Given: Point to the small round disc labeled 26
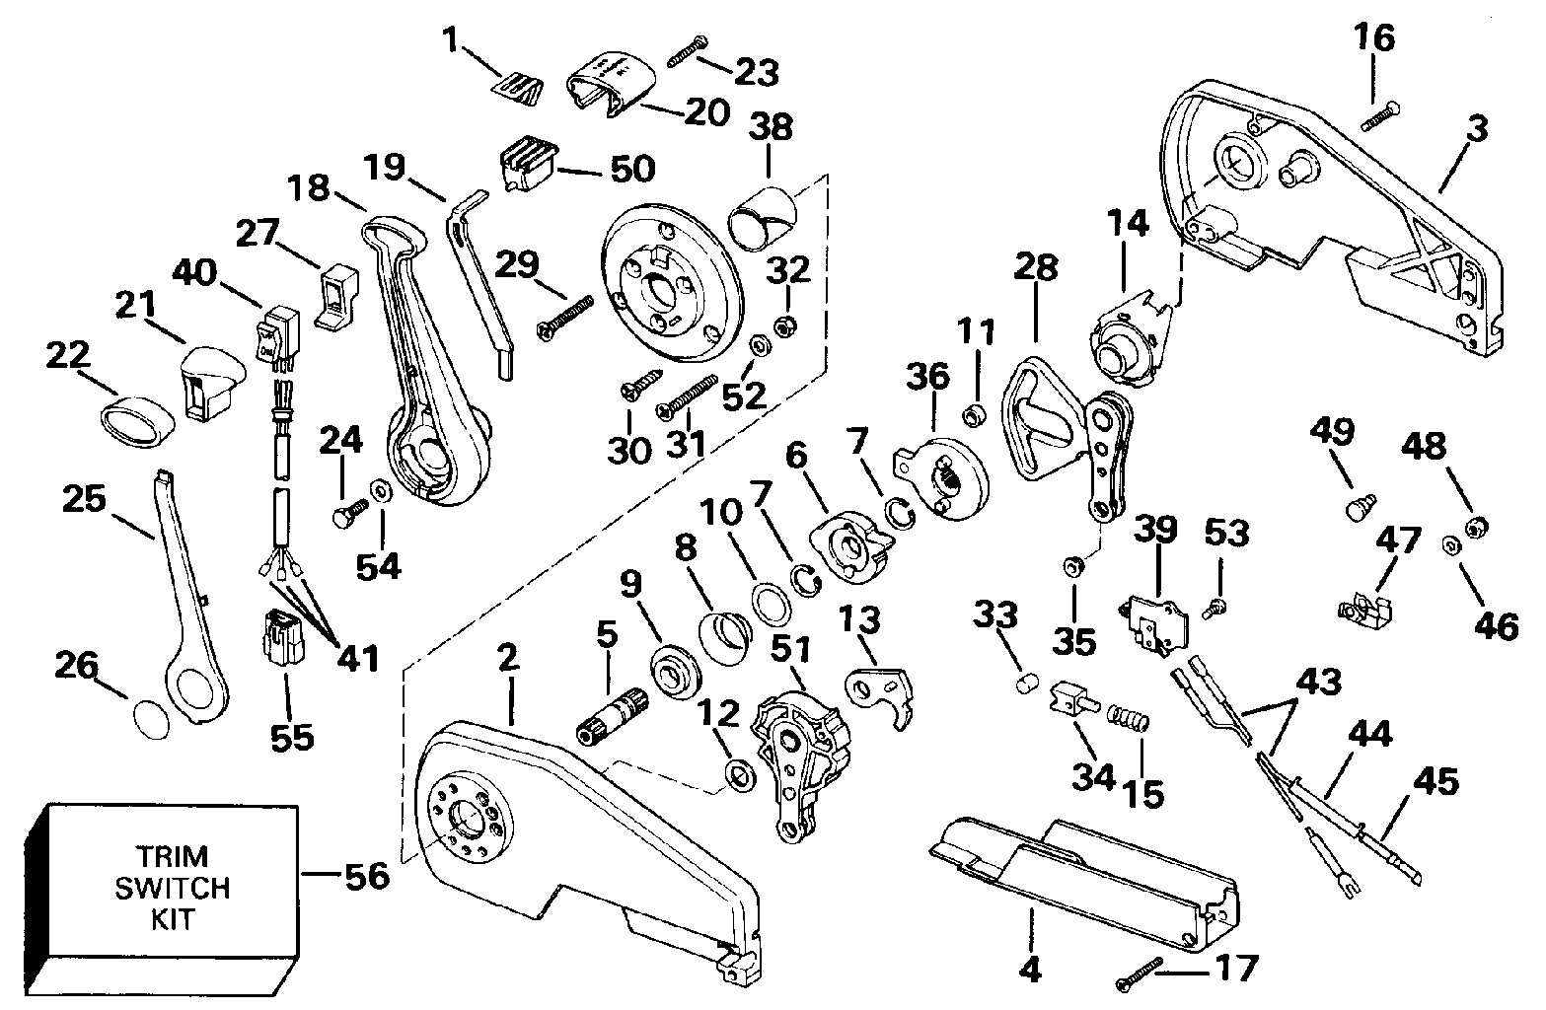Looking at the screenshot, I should (x=148, y=718).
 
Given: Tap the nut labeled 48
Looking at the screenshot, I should (x=1477, y=529).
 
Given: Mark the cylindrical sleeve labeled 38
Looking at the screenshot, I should (x=764, y=215).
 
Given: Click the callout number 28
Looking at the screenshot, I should (x=1034, y=269).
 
